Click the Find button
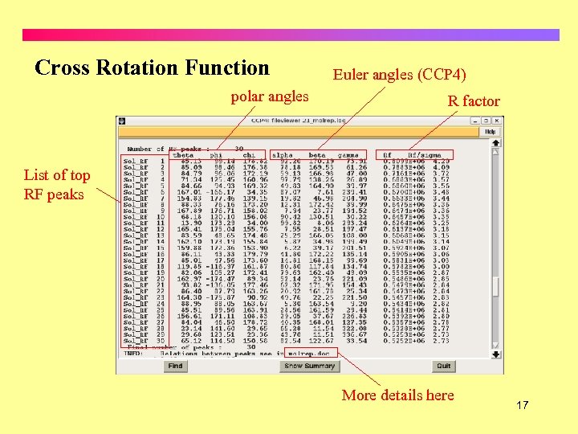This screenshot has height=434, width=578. point(175,366)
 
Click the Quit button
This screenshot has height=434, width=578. point(443,366)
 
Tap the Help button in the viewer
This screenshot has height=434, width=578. point(490,132)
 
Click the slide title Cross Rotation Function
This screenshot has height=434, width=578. point(153,68)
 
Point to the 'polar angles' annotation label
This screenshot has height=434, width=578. point(270,96)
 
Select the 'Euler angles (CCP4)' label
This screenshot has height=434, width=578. point(399,75)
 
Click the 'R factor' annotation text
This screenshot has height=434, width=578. point(474,101)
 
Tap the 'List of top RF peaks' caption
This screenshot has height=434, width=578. point(57,184)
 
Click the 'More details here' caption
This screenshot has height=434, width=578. point(397,395)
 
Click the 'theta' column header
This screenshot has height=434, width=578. point(184,154)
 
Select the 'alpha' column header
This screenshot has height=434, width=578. point(283,154)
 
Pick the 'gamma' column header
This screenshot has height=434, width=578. point(348,154)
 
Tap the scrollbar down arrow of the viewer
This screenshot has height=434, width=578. point(495,354)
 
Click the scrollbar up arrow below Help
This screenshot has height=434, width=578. point(495,142)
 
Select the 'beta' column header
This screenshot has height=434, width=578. point(317,154)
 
